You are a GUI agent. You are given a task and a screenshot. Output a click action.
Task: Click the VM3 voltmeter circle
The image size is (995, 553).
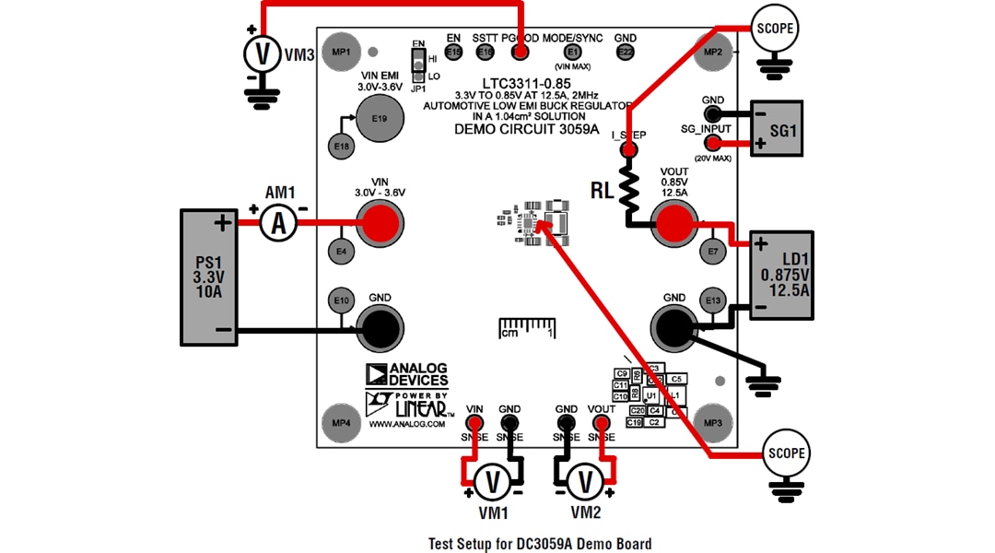(x=263, y=54)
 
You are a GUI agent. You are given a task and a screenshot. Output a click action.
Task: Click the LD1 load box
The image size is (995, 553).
(x=782, y=275)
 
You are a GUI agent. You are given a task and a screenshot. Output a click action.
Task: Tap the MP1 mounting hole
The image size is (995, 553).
(x=342, y=53)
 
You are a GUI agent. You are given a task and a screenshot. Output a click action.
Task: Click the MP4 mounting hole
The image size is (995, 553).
(x=342, y=422)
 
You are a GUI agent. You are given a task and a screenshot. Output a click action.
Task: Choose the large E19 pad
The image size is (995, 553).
(x=378, y=119)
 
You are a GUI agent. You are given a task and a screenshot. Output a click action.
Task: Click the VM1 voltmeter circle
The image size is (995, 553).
(x=492, y=481)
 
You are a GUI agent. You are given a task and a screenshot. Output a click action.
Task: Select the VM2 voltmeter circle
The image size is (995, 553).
(x=584, y=481)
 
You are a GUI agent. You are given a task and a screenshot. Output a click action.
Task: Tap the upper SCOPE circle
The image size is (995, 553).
(x=774, y=28)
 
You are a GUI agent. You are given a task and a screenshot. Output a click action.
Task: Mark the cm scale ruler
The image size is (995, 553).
(x=528, y=327)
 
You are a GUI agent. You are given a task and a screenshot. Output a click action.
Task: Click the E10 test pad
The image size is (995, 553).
(x=342, y=300)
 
